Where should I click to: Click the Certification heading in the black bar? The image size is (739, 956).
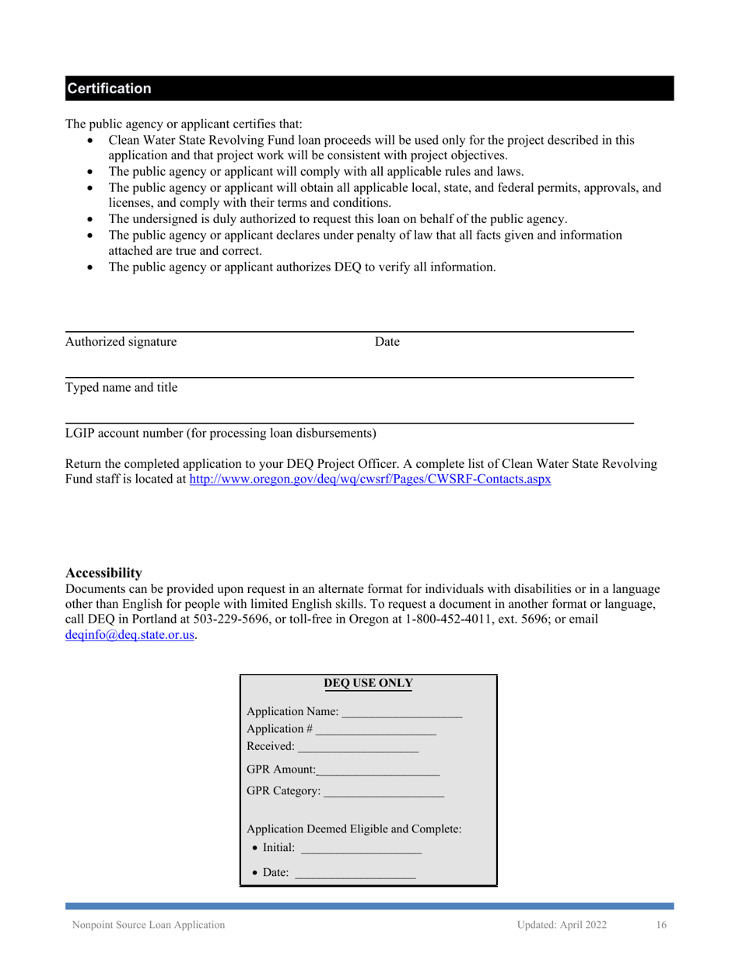109,89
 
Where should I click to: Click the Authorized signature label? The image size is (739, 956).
121,342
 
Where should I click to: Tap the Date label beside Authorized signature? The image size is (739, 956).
387,342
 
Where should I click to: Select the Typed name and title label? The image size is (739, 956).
121,387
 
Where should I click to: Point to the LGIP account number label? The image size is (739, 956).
221,433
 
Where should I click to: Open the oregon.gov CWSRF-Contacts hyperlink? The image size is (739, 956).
370,480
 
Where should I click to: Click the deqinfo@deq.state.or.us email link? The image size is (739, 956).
130,635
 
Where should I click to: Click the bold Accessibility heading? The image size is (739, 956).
103,574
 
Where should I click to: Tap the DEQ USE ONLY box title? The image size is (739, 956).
368,684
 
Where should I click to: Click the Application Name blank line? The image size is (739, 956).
401,714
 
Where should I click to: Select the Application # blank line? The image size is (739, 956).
376,731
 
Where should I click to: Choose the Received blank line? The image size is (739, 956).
358,748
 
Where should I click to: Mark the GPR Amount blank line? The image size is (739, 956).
379,771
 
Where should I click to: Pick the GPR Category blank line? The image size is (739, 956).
383,793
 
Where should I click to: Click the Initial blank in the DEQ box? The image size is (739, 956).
360,851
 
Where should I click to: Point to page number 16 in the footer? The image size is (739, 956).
661,925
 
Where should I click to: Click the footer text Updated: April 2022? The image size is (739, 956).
562,925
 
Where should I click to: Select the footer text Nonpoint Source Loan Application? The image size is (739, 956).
149,925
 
